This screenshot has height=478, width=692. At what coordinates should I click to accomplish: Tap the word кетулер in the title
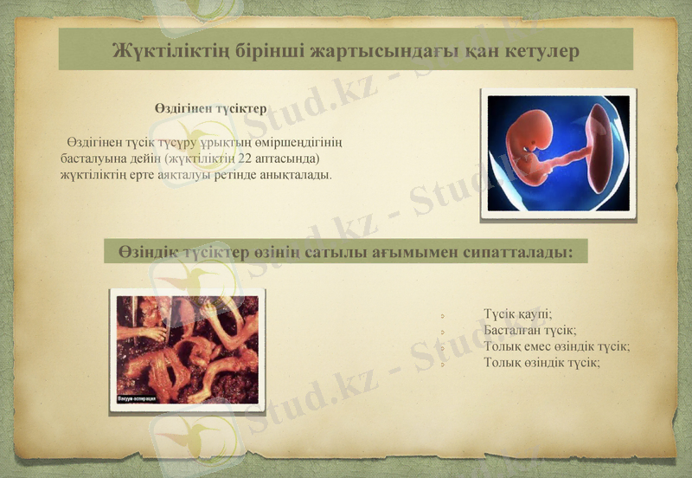(x=541, y=50)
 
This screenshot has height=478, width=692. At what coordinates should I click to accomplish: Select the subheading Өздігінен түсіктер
(x=210, y=109)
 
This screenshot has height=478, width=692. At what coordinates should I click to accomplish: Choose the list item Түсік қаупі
(x=517, y=314)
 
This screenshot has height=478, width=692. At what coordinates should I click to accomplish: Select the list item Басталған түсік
(x=529, y=330)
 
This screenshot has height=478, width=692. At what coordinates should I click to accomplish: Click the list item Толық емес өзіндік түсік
(x=556, y=346)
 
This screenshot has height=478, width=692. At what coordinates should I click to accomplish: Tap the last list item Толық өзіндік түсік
(x=541, y=362)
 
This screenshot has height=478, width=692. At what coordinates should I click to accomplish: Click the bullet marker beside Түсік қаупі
(x=441, y=315)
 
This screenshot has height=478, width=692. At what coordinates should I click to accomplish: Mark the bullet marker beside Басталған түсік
(x=441, y=332)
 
